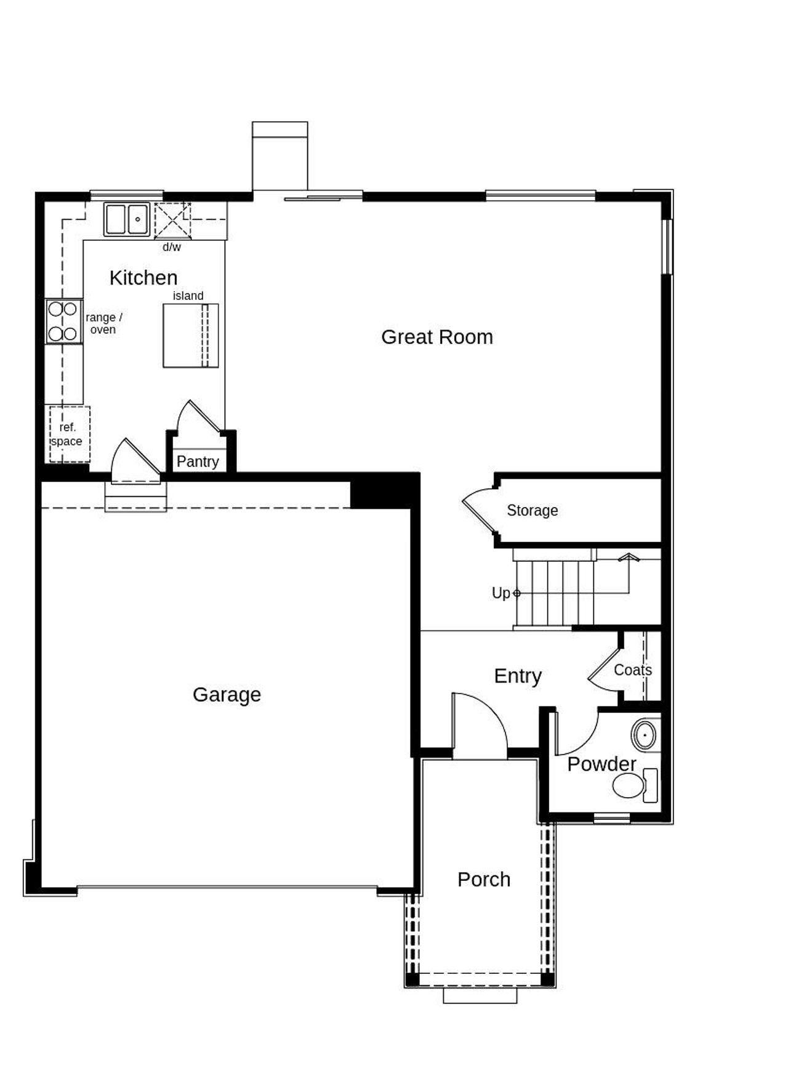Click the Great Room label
pyautogui.click(x=436, y=337)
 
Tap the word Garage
pyautogui.click(x=227, y=694)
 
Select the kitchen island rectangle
pyautogui.click(x=190, y=336)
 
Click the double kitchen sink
pyautogui.click(x=127, y=219)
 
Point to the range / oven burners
pyautogui.click(x=63, y=321)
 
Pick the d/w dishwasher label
pyautogui.click(x=172, y=247)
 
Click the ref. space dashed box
pyautogui.click(x=69, y=434)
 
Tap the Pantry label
pyautogui.click(x=198, y=461)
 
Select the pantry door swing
pyautogui.click(x=196, y=418)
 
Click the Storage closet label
pyautogui.click(x=532, y=510)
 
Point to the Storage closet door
pyautogui.click(x=478, y=510)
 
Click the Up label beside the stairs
pyautogui.click(x=501, y=593)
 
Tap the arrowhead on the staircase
pyautogui.click(x=629, y=557)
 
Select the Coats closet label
pyautogui.click(x=632, y=670)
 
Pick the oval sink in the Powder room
pyautogui.click(x=645, y=735)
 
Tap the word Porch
pyautogui.click(x=484, y=879)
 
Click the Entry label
pyautogui.click(x=517, y=676)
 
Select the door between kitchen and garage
pyautogui.click(x=135, y=462)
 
